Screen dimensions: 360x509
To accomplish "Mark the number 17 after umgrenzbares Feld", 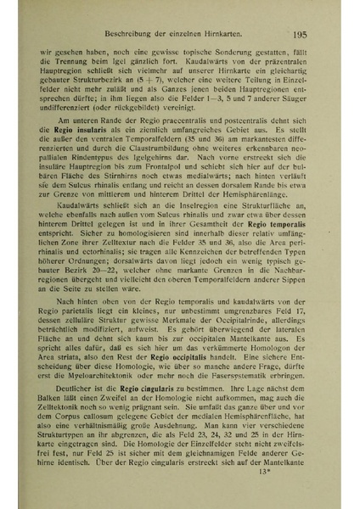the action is [304, 314].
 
